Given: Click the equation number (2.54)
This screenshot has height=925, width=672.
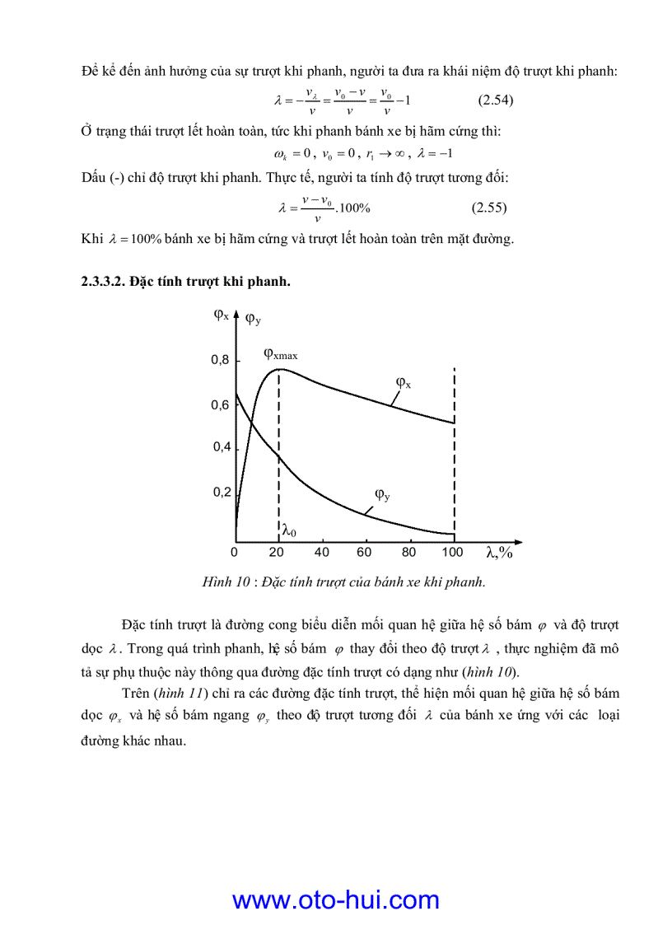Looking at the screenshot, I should coord(496,100).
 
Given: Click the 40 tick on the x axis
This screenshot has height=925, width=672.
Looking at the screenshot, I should coord(321,552).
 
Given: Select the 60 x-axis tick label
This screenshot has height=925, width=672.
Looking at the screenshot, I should coord(364,552).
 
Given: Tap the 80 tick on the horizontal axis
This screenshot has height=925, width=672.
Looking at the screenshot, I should coord(408,552).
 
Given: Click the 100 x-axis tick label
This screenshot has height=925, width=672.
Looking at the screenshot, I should coord(452,552).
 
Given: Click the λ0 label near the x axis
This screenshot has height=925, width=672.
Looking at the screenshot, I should coord(289,531).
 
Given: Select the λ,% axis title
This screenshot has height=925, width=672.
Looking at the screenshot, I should coord(499,553).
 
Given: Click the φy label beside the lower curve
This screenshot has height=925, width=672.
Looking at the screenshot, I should coord(382,494).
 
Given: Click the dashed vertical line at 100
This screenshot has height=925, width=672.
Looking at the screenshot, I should coord(455,461).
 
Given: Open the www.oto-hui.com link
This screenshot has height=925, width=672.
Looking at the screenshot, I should coord(335,899).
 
